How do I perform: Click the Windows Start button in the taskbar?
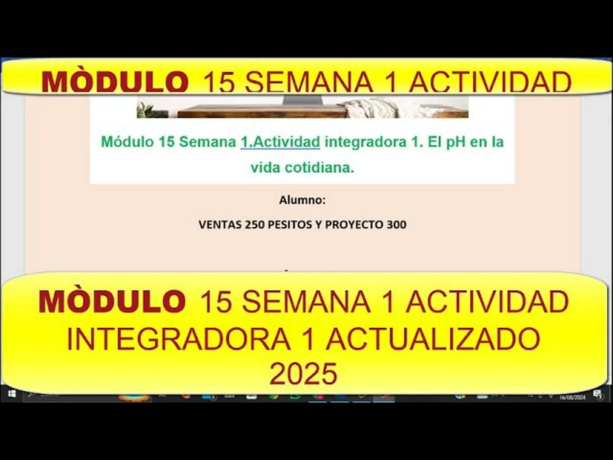[x=12, y=394]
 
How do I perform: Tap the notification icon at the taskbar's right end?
[x=598, y=394]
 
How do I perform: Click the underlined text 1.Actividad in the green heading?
[x=280, y=142]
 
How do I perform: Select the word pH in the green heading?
[x=455, y=142]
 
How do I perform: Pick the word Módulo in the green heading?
[x=127, y=142]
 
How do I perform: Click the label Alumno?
[x=302, y=200]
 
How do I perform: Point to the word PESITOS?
[x=289, y=224]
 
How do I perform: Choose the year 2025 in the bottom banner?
[x=303, y=374]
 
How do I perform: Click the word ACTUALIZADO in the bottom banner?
[x=432, y=339]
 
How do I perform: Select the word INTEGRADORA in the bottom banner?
[x=178, y=339]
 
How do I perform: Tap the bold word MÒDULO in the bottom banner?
[x=112, y=302]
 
